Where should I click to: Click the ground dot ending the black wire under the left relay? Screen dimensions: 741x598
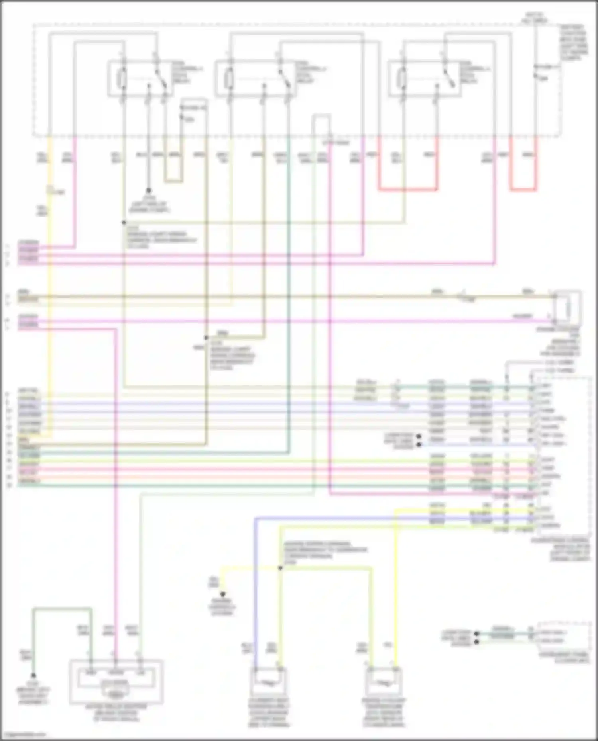149,191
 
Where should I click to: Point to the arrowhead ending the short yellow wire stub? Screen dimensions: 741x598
223,594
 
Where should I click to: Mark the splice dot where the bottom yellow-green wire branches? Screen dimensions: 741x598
280,568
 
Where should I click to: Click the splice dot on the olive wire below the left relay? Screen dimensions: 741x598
124,223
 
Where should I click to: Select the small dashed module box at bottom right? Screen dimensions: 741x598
564,636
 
